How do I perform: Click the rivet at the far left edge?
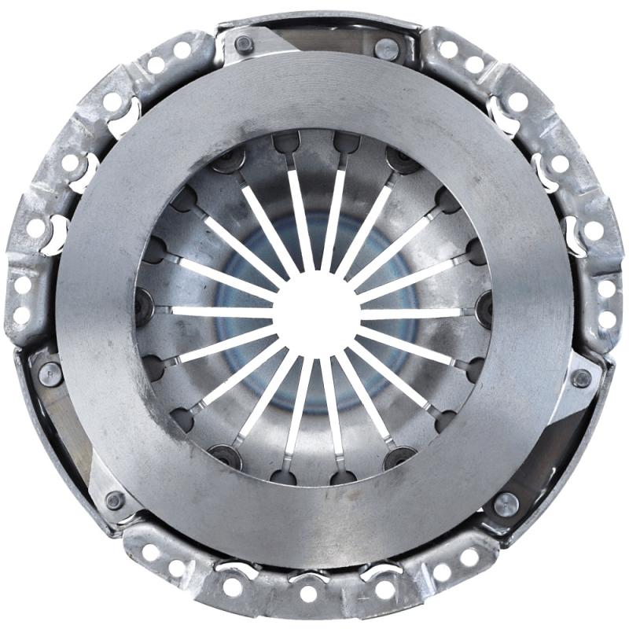[50, 373]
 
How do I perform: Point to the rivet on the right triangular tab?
[581, 378]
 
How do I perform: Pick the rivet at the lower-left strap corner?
[116, 500]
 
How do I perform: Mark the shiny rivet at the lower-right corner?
[505, 504]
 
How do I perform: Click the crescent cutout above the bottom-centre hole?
[307, 578]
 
